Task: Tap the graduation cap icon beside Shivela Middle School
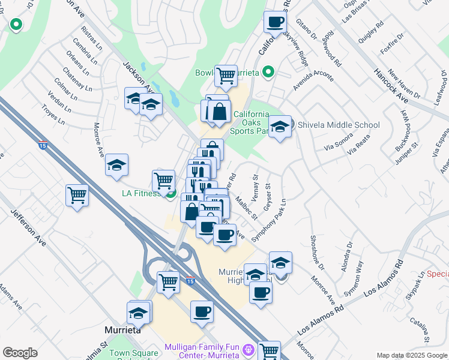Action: pyautogui.click(x=280, y=127)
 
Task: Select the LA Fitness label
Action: pyautogui.click(x=141, y=193)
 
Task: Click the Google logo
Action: pyautogui.click(x=20, y=352)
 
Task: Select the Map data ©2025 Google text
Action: pyautogui.click(x=411, y=355)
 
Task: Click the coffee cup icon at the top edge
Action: pyautogui.click(x=276, y=22)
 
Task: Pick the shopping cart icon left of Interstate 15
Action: pyautogui.click(x=77, y=195)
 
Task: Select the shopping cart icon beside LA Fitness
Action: pyautogui.click(x=163, y=180)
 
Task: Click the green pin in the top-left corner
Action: pyautogui.click(x=16, y=25)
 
